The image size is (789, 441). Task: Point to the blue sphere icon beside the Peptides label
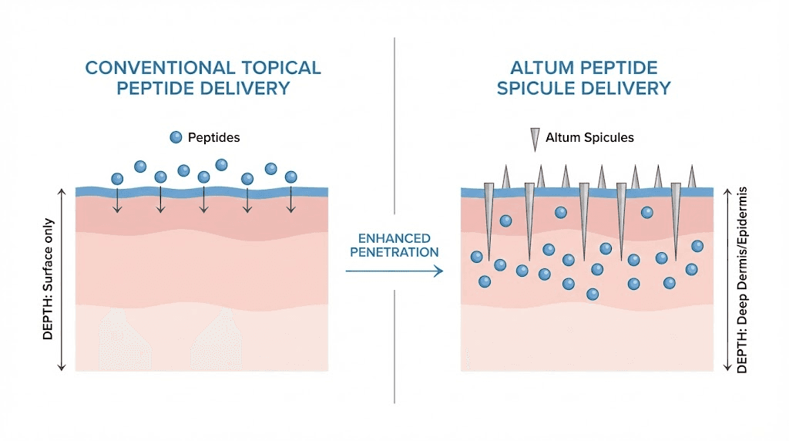coord(176,137)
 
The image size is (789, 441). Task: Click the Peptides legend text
coord(214,137)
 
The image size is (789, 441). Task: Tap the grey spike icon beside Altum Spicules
coord(533,139)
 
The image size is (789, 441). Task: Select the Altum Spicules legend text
coord(589,137)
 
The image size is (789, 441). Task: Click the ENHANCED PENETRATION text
coord(394,245)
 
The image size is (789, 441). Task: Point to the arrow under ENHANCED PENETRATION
coord(394,271)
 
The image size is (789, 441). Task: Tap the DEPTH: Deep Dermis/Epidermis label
coord(743,279)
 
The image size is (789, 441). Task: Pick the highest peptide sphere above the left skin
coord(221,164)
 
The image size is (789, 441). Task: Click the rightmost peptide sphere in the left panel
coord(290,177)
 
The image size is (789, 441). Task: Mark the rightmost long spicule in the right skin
coord(676,220)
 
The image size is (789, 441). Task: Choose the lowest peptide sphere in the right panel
coord(593,294)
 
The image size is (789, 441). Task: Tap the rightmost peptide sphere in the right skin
coord(697,246)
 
